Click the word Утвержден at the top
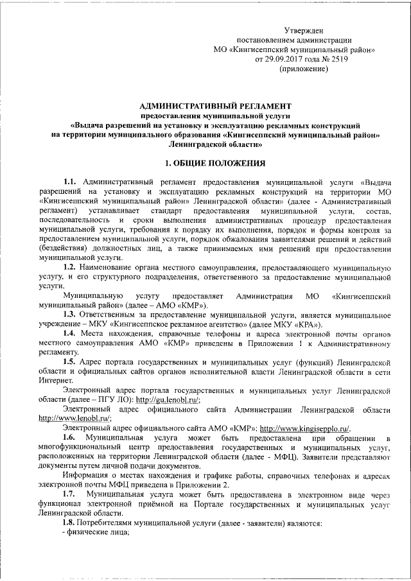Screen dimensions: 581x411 click(304, 30)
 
